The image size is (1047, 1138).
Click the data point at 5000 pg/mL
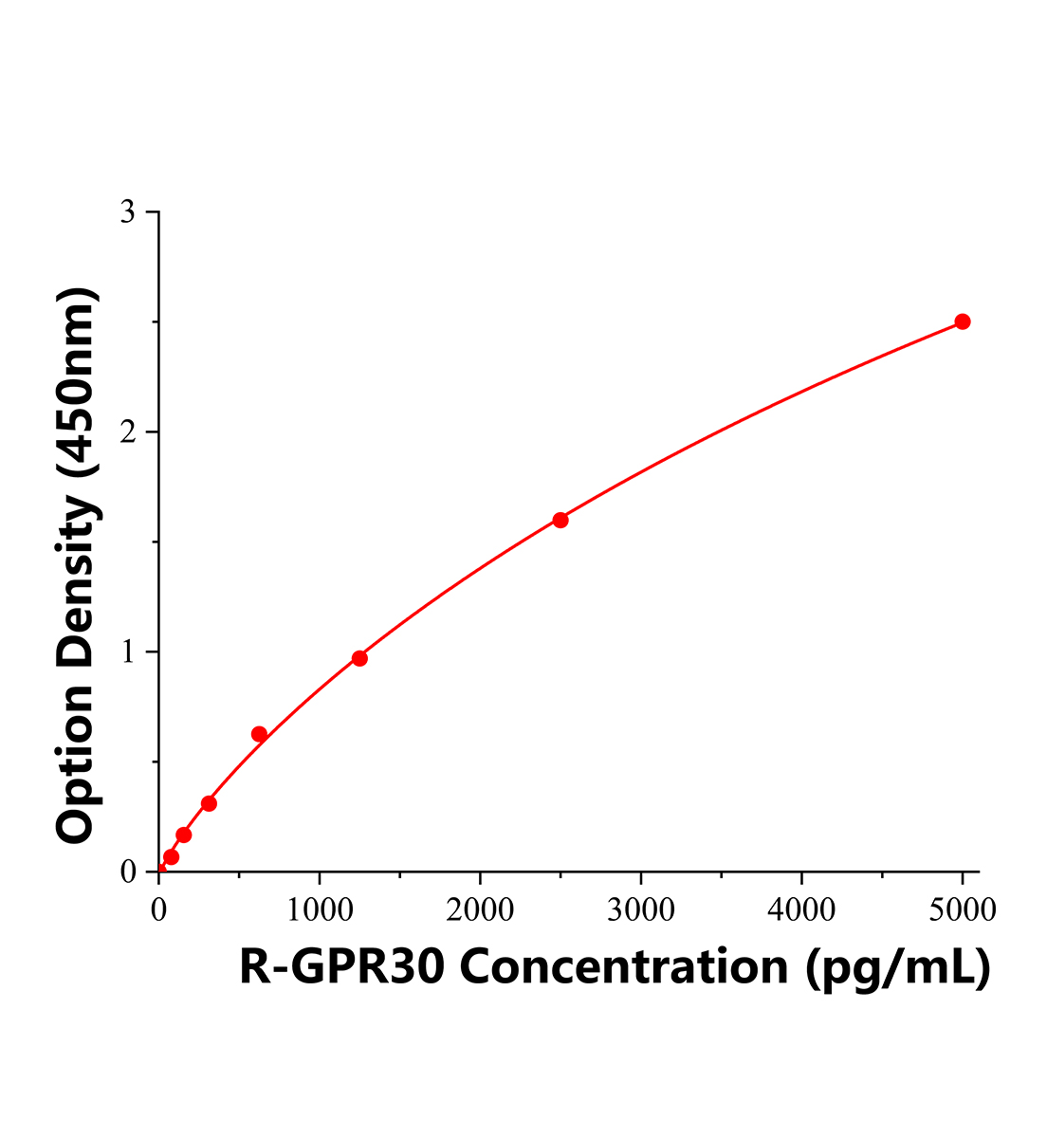962,321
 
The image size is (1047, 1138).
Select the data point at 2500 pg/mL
560,520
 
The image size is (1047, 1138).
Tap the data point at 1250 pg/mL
359,658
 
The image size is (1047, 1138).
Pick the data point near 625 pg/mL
259,734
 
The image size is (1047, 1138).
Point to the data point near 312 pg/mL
209,803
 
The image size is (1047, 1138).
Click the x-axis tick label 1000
320,910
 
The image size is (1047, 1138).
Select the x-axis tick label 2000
480,910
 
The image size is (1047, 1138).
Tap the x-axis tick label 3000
641,910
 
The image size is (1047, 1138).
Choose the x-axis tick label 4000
801,910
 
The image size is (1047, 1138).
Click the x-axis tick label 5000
962,910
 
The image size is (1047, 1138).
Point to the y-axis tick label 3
127,212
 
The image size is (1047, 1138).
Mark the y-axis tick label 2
127,432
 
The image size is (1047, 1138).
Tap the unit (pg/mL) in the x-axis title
897,969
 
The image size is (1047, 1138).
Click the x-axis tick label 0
158,910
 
